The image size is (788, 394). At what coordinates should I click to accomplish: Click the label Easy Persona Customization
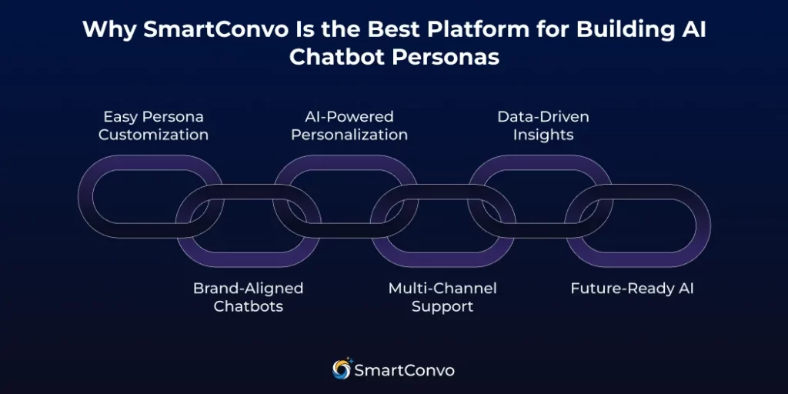click(153, 125)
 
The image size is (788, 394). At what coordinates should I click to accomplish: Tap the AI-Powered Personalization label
click(349, 125)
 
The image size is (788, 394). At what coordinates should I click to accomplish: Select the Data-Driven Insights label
click(543, 125)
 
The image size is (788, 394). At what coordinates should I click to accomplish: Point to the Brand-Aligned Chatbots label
click(248, 297)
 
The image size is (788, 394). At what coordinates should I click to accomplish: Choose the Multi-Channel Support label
click(442, 297)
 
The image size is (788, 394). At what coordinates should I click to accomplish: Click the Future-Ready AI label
click(632, 289)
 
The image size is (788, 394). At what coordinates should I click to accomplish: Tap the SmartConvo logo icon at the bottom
click(341, 369)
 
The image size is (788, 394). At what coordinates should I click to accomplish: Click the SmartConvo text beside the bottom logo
click(404, 370)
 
